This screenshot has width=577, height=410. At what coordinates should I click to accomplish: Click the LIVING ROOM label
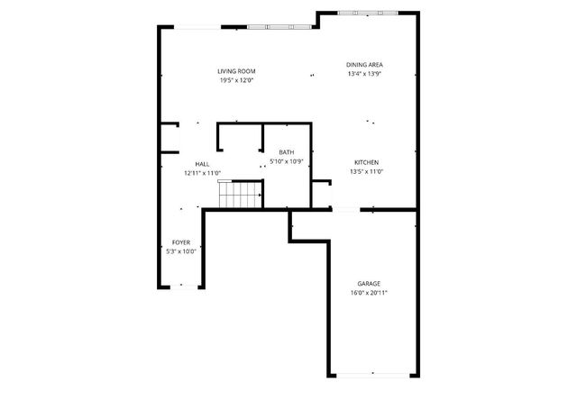(x=236, y=71)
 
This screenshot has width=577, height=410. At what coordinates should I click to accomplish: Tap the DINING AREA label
(x=365, y=65)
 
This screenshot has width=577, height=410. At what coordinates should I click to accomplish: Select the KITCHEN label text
(x=366, y=162)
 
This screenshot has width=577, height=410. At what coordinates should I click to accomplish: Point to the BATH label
(x=286, y=152)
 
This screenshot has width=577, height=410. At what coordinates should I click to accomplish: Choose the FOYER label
(x=181, y=242)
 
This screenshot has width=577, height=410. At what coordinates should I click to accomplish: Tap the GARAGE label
(x=369, y=284)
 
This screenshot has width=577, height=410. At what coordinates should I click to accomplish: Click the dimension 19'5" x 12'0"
(x=236, y=81)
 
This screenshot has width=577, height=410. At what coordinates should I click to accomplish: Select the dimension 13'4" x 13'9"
(x=365, y=74)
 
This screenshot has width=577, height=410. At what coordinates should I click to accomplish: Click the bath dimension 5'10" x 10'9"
(x=288, y=162)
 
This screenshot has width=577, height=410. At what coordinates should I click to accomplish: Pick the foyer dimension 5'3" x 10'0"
(x=181, y=251)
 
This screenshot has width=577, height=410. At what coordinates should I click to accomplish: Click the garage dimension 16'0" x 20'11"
(x=370, y=293)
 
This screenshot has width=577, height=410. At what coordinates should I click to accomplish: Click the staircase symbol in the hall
(x=240, y=194)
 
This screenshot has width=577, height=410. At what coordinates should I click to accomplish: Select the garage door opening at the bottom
(x=371, y=375)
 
